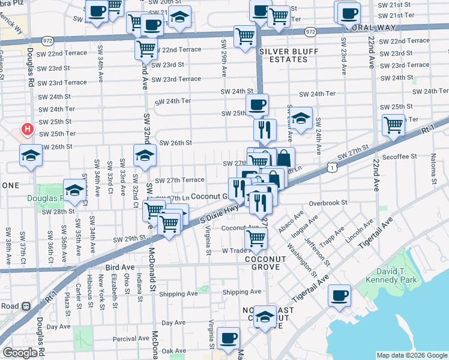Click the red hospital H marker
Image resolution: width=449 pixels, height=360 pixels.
pyautogui.click(x=27, y=129)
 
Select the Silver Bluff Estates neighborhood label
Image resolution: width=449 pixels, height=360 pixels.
pyautogui.click(x=286, y=56)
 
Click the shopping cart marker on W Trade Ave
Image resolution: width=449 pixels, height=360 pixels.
pyautogui.click(x=257, y=238)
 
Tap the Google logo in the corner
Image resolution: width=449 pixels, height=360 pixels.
pyautogui.click(x=20, y=353)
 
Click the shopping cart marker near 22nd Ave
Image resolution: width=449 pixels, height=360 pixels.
pyautogui.click(x=393, y=126)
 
